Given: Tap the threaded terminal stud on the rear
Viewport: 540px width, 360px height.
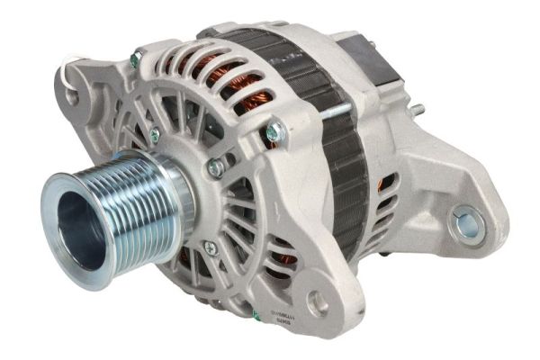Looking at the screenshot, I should (x=417, y=111).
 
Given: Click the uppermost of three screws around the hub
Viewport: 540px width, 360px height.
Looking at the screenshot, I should (x=154, y=135).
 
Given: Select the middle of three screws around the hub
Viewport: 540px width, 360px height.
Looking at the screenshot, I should (x=215, y=166).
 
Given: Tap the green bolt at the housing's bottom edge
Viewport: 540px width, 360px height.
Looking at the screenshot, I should (x=256, y=316).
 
